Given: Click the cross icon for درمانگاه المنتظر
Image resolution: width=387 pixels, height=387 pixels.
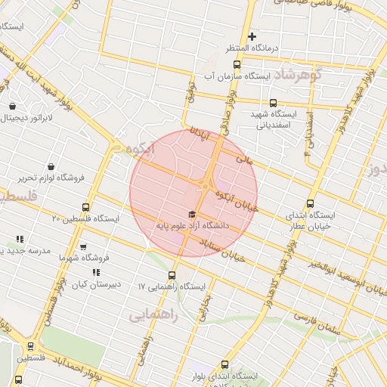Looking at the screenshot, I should pos(252,36).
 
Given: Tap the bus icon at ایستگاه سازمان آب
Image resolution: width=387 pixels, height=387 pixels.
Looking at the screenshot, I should pos(237,64).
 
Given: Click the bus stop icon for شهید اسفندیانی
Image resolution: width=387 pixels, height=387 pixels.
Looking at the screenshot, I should pos(273,104).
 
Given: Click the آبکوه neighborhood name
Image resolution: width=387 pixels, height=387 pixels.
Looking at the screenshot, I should pos(141,149).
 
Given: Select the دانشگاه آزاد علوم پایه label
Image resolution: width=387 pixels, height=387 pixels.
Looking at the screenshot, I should pos(192,225).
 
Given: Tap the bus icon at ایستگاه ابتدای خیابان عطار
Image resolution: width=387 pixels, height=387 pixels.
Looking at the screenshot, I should pos(310,203).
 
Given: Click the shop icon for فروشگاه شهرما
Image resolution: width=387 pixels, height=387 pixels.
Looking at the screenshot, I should pos(83,247).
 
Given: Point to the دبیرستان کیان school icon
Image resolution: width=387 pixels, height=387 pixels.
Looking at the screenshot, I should pos(96,272).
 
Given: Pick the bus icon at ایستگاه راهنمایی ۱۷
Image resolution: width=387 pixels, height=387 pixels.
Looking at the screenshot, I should pos(172,275).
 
